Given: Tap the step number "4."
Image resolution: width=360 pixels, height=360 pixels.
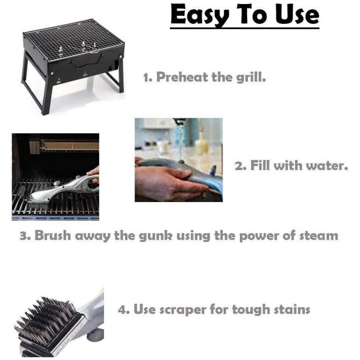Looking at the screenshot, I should point(124,310).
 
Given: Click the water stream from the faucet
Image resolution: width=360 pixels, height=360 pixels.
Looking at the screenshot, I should point(181,139).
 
